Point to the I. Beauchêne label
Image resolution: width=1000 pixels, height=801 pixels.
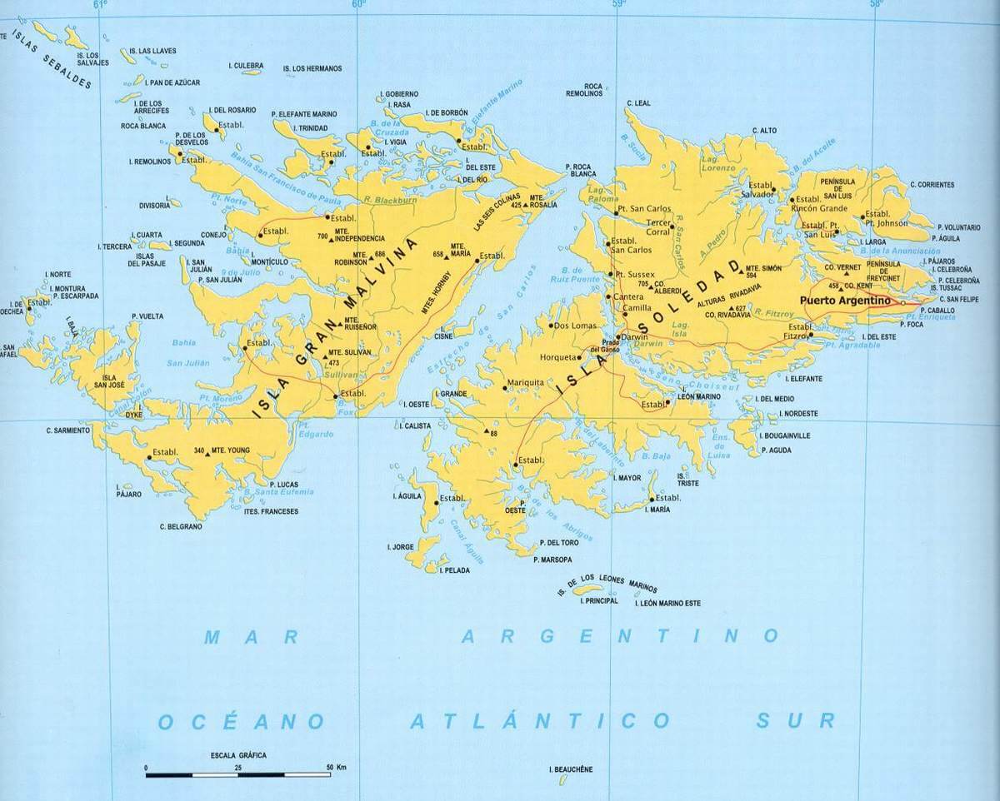[572, 769]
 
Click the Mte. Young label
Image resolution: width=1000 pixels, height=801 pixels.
[232, 450]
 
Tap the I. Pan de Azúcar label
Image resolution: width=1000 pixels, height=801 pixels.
[172, 82]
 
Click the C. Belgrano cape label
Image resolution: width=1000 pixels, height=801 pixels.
[181, 526]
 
